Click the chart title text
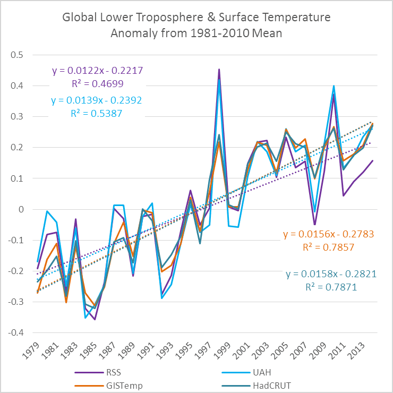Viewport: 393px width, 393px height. point(196,25)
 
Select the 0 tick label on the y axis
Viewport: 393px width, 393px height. point(22,209)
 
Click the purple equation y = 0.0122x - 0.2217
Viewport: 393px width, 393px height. point(98,71)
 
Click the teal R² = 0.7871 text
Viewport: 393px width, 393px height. point(331,287)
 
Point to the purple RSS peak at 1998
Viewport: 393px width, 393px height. point(219,69)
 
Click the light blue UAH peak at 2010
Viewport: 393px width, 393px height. point(334,86)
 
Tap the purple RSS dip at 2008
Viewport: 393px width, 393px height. point(314,225)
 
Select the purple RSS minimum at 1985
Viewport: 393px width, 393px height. point(95,319)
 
